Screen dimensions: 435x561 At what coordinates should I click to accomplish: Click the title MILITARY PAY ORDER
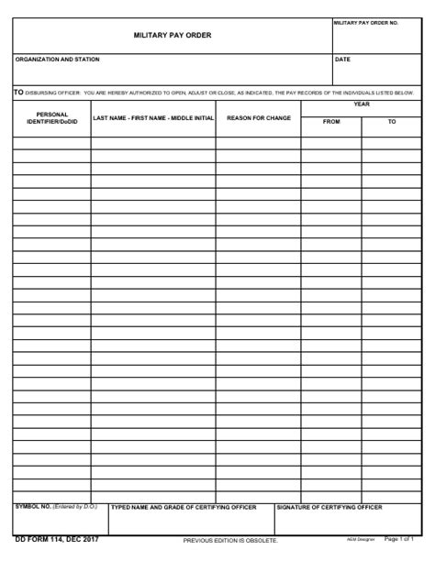[173, 36]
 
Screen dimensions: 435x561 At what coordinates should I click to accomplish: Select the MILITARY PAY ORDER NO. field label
[365, 22]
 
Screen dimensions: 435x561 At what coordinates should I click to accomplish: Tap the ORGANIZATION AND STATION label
[57, 60]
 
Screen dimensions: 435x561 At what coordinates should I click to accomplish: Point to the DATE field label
[342, 60]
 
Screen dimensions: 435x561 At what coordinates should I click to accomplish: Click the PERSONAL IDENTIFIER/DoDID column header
[51, 118]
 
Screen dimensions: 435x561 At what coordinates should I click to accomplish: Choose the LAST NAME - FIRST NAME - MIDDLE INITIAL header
[153, 118]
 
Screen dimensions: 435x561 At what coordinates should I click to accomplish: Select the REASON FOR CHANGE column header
[259, 118]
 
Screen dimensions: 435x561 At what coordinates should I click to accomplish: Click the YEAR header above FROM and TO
[362, 104]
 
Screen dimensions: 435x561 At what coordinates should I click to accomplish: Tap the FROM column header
[330, 122]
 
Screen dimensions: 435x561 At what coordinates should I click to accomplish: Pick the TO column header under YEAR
[392, 122]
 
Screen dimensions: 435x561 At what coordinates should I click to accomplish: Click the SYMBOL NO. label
[33, 506]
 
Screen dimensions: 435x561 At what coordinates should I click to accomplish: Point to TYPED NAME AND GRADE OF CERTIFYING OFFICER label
[184, 506]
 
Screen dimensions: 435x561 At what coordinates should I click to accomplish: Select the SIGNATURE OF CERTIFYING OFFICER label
[329, 506]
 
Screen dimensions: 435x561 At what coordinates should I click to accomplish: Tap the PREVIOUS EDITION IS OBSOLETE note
[230, 540]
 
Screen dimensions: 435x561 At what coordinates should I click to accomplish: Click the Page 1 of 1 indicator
[400, 539]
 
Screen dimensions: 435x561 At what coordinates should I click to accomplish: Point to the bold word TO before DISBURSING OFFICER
[18, 92]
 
